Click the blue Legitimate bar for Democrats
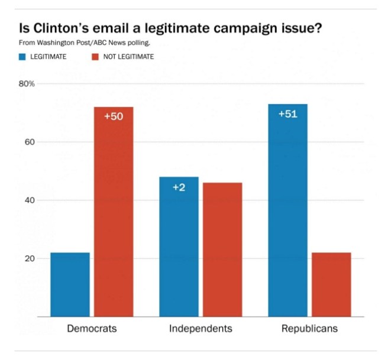(x=70, y=284)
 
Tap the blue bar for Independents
(x=179, y=247)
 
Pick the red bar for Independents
(x=222, y=249)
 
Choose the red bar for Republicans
(x=331, y=284)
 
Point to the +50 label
(x=114, y=116)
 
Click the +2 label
(x=179, y=187)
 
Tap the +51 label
(x=287, y=113)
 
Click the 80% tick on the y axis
(x=28, y=84)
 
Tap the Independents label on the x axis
(x=201, y=329)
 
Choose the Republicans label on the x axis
(x=309, y=329)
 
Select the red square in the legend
(x=94, y=57)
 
